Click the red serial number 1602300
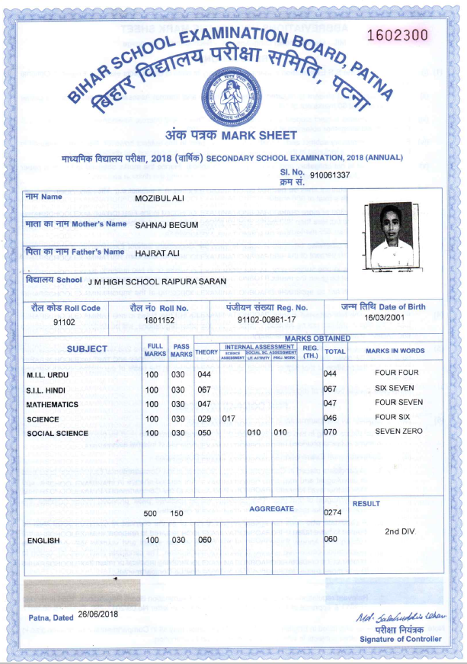pos(397,36)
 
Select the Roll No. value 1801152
pos(159,322)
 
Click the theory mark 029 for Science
pos(204,419)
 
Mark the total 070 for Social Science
pos(330,432)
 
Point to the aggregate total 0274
pos(332,513)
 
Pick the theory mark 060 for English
pos(204,540)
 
